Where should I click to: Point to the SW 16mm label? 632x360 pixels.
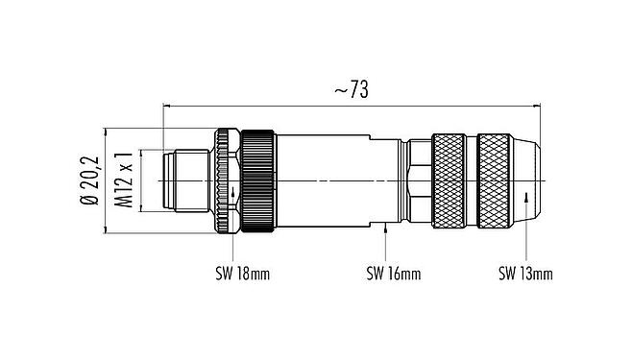point(393,275)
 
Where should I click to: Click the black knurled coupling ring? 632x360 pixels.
point(259,180)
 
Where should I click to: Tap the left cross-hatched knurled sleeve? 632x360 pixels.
point(451,180)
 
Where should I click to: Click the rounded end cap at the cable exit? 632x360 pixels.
point(533,180)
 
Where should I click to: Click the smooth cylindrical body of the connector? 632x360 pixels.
point(336,180)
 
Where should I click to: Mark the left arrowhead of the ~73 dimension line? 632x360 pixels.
point(169,105)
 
